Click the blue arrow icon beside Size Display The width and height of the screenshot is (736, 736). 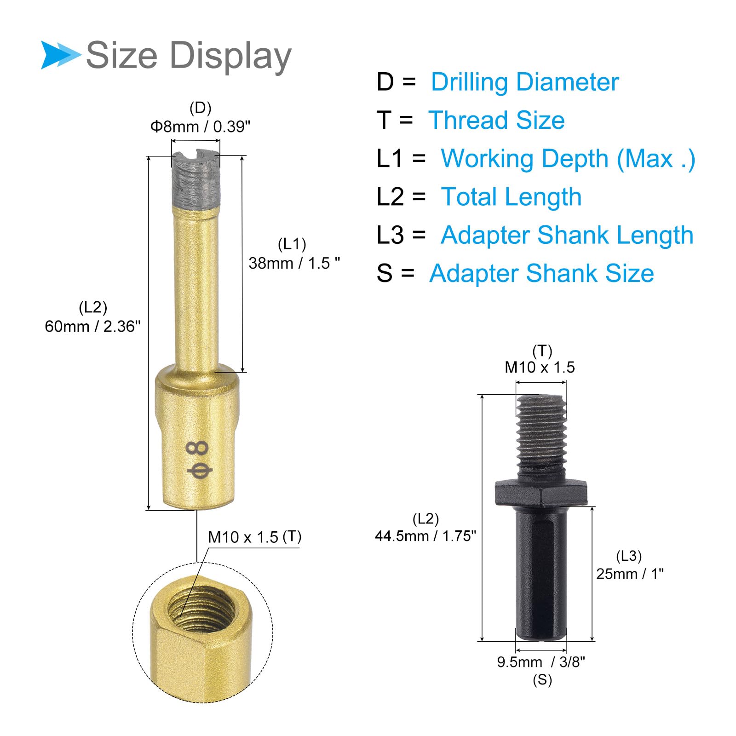pyautogui.click(x=60, y=55)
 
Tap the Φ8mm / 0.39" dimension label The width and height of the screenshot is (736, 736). pyautogui.click(x=201, y=126)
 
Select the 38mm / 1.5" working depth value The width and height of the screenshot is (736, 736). pyautogui.click(x=294, y=263)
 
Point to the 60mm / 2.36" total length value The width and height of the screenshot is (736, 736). pyautogui.click(x=92, y=326)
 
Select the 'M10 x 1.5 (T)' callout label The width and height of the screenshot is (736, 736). pyautogui.click(x=254, y=537)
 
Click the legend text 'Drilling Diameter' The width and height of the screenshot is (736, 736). pyautogui.click(x=525, y=82)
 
